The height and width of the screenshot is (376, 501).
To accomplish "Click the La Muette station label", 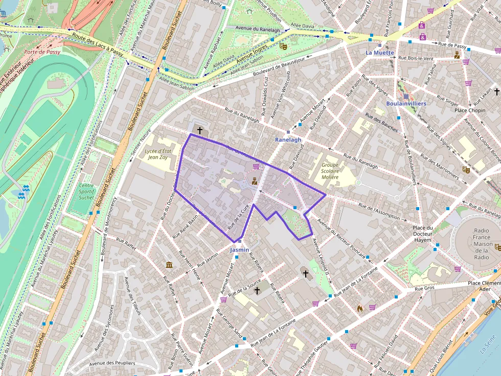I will (380, 53).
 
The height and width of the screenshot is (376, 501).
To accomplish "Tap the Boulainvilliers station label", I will (406, 104).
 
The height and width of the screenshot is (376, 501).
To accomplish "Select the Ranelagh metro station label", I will (288, 139).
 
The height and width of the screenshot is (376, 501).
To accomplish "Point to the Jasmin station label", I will (240, 249).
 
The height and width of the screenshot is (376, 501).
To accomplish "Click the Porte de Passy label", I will (42, 52).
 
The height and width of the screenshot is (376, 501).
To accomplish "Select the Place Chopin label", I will (470, 110).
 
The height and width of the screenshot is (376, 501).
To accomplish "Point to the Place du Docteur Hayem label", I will (423, 234).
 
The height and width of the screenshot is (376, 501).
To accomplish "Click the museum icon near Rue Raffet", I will (169, 264).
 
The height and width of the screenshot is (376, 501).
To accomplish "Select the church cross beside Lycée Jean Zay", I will (199, 131).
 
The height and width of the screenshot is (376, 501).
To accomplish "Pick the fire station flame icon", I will (360, 308).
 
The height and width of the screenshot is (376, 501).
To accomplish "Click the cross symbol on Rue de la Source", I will (257, 291).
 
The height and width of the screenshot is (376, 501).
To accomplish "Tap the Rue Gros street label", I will (424, 288).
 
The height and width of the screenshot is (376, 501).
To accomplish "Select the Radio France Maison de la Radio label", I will (483, 244).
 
